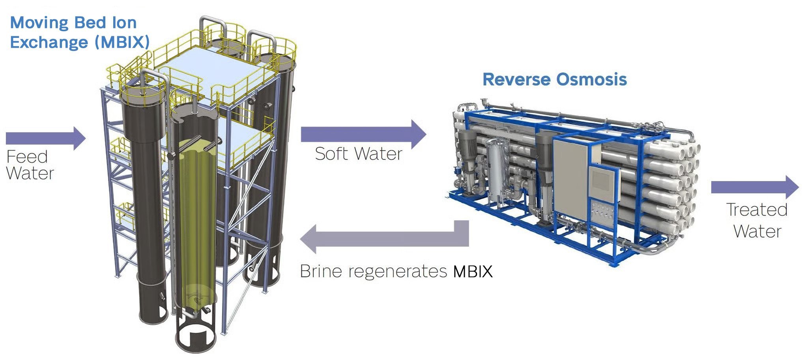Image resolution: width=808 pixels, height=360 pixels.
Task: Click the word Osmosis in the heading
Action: point(591,79)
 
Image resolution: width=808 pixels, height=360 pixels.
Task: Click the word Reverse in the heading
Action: point(517,79)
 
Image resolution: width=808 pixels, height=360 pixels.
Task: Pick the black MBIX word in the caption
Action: point(473,272)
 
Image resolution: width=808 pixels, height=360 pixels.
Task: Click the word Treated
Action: point(757,210)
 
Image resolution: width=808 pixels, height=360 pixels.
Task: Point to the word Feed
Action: point(27,157)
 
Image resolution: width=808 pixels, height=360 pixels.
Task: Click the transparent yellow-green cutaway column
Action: point(196,221)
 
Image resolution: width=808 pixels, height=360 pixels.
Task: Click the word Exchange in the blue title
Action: point(49,42)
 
